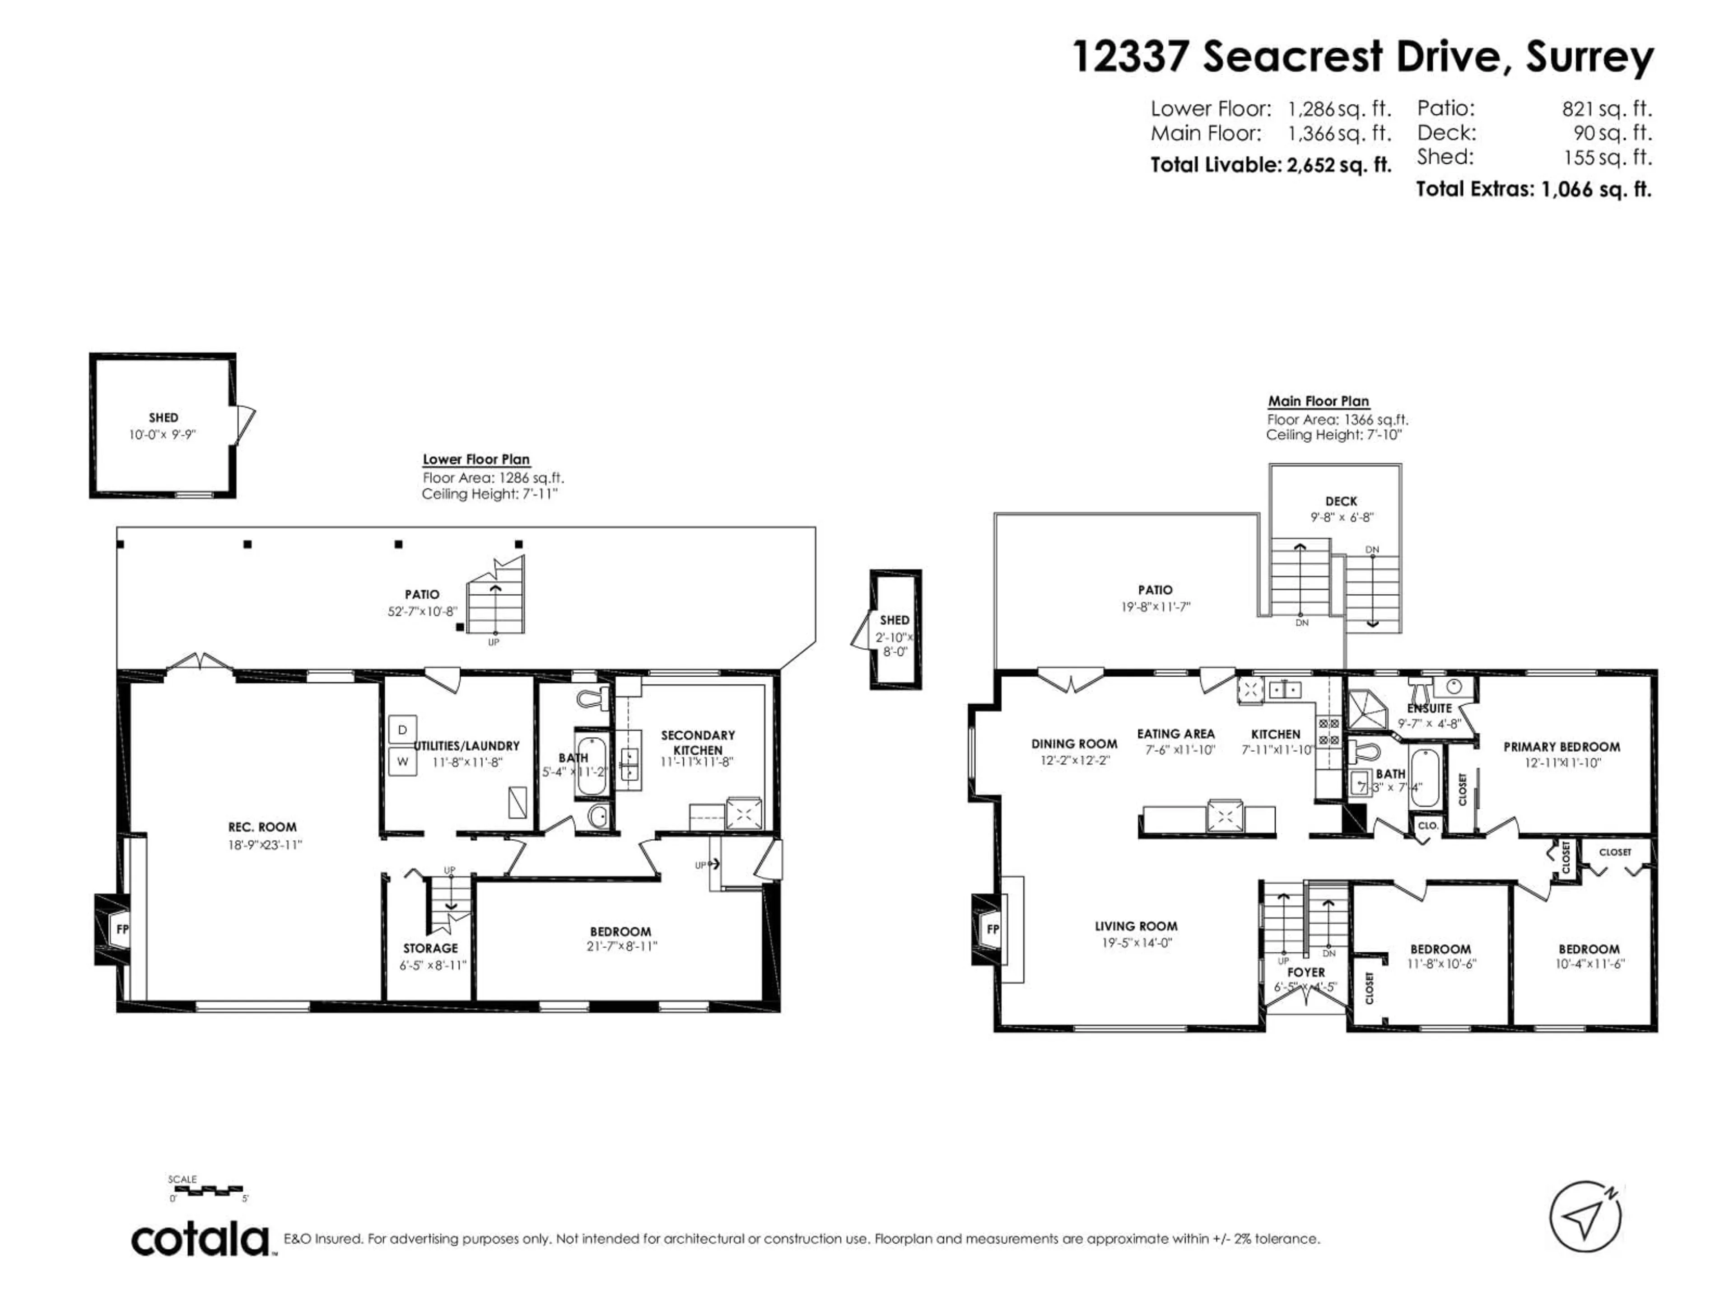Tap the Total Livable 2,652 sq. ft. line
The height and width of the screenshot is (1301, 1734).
[x=1270, y=165]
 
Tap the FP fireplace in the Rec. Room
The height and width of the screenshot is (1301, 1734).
[x=114, y=929]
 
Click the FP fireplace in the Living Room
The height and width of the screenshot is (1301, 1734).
[x=991, y=929]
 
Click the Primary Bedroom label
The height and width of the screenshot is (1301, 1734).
[x=1561, y=747]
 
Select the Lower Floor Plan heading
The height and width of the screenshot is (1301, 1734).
[x=476, y=459]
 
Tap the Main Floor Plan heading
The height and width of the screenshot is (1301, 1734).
[x=1319, y=401]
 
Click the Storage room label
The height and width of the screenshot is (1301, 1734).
[x=430, y=948]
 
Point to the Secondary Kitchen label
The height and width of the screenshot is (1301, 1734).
[x=698, y=742]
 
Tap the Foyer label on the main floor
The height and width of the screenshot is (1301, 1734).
[x=1306, y=972]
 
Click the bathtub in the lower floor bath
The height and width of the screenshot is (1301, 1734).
[x=590, y=765]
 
